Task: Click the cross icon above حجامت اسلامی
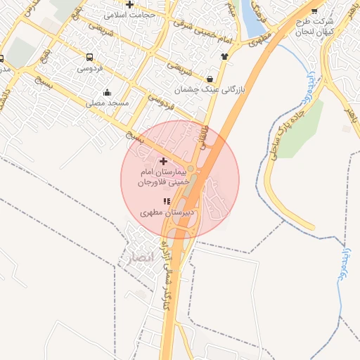click(129, 4)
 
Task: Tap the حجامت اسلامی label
click(129, 14)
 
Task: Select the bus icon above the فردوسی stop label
click(89, 57)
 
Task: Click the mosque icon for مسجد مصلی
click(107, 92)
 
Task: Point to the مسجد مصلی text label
click(108, 103)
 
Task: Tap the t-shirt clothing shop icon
click(224, 57)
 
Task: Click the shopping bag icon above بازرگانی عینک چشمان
click(212, 79)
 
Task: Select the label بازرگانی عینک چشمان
click(212, 89)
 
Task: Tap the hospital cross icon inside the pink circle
click(165, 162)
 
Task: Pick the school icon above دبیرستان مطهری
click(166, 202)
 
